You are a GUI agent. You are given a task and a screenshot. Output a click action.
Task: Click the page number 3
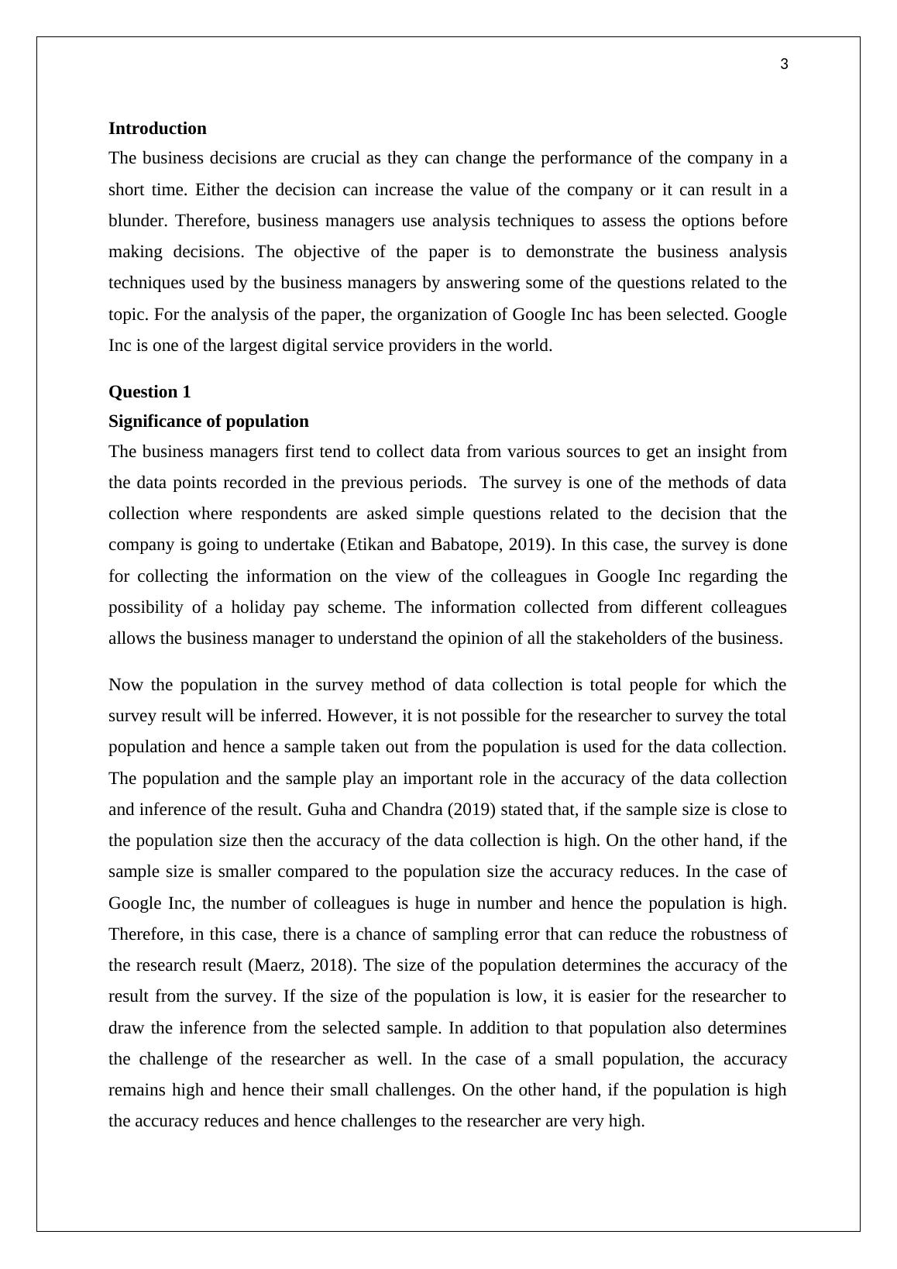[x=784, y=64]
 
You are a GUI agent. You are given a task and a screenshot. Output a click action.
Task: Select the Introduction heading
[x=157, y=129]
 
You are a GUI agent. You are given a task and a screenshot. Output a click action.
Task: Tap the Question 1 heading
[x=149, y=392]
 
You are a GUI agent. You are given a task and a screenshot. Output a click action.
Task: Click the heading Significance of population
[x=208, y=421]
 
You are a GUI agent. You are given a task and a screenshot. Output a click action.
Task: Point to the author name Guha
[x=325, y=810]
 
